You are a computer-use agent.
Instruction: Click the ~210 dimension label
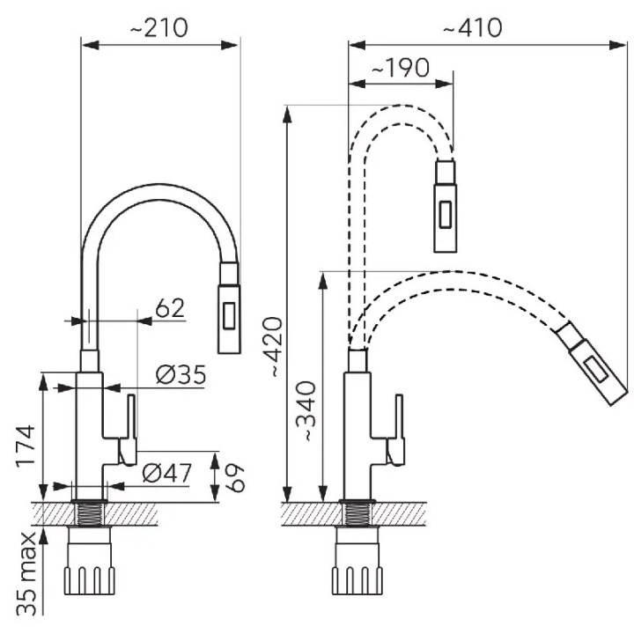tap(158, 28)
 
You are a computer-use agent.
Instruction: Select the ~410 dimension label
tap(473, 28)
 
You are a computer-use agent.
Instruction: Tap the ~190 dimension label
tap(400, 68)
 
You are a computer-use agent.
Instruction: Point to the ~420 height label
tap(271, 347)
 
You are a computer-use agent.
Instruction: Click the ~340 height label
tap(306, 411)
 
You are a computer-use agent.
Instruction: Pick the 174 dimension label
tap(26, 446)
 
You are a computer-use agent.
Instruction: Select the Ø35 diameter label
tap(181, 375)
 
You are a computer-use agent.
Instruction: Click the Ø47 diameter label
tap(167, 473)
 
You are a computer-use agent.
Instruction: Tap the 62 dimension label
tap(170, 308)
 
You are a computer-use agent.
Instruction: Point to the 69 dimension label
tap(234, 477)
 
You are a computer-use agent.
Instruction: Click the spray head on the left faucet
tap(230, 307)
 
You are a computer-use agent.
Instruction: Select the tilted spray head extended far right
tap(593, 363)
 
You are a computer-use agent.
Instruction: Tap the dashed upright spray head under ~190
tap(446, 206)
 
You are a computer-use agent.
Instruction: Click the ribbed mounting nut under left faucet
tap(89, 580)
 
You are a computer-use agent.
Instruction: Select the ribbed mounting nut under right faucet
tap(358, 580)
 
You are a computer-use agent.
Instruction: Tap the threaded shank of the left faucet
tap(90, 514)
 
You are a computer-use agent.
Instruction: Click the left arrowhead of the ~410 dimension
tap(357, 45)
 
